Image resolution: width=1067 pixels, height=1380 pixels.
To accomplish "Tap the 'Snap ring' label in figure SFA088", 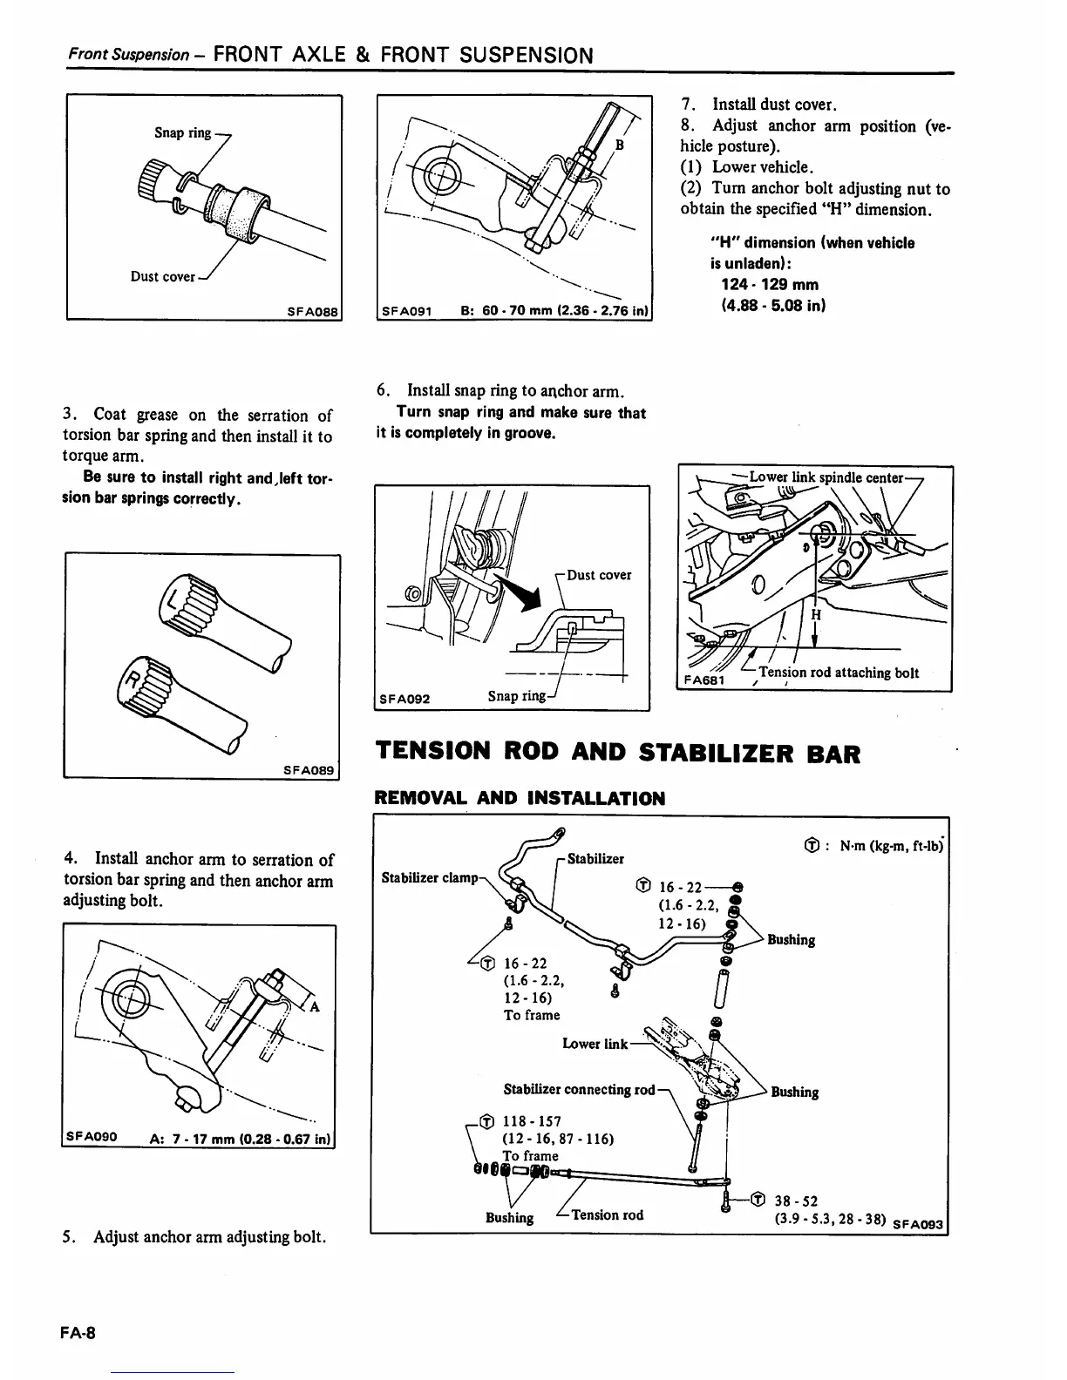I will click(182, 132).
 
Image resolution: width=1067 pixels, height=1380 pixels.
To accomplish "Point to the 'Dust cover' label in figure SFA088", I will click(163, 276).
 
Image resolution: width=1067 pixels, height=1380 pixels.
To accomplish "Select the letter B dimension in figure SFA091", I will click(620, 145).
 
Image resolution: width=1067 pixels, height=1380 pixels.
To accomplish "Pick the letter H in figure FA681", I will click(816, 614).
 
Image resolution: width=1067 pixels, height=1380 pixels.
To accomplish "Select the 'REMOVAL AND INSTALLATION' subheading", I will click(519, 798).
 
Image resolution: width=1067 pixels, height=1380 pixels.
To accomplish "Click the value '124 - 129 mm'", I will click(770, 284).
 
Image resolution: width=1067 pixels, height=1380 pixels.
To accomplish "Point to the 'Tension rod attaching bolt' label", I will click(839, 673).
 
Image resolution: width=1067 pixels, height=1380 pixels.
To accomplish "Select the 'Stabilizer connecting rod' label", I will click(579, 1089).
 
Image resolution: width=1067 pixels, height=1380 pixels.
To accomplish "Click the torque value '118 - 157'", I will click(532, 1121).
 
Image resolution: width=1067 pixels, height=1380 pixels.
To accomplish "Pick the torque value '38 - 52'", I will click(796, 1201).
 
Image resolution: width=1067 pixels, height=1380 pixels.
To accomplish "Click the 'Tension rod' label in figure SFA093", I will click(607, 1214).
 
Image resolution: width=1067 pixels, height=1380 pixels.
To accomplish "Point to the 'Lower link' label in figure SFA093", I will click(595, 1043).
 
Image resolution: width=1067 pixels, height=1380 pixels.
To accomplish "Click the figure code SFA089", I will click(309, 769).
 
